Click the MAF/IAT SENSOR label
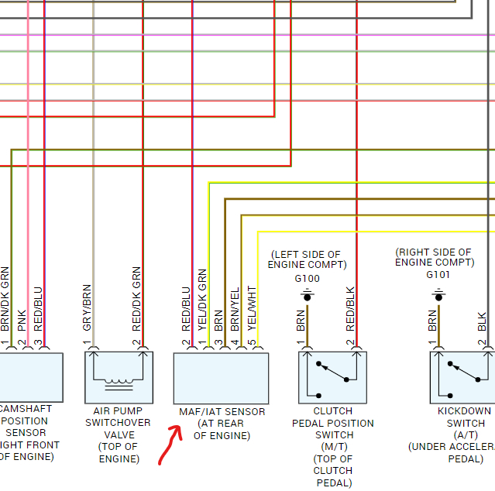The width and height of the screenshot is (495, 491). point(222,411)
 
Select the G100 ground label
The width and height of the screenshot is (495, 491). point(307,279)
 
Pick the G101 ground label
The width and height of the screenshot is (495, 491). point(438,274)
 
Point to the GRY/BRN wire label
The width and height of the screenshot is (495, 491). point(87,308)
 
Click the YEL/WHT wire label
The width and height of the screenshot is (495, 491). point(251,307)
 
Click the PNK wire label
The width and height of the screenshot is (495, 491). point(22,318)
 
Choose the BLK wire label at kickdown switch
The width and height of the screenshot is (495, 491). point(482,322)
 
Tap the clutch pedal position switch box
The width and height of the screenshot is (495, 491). point(332,377)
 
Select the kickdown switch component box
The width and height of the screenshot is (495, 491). point(462,377)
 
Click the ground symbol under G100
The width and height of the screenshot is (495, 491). point(307,295)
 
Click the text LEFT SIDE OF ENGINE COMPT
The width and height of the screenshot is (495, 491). point(305,259)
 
